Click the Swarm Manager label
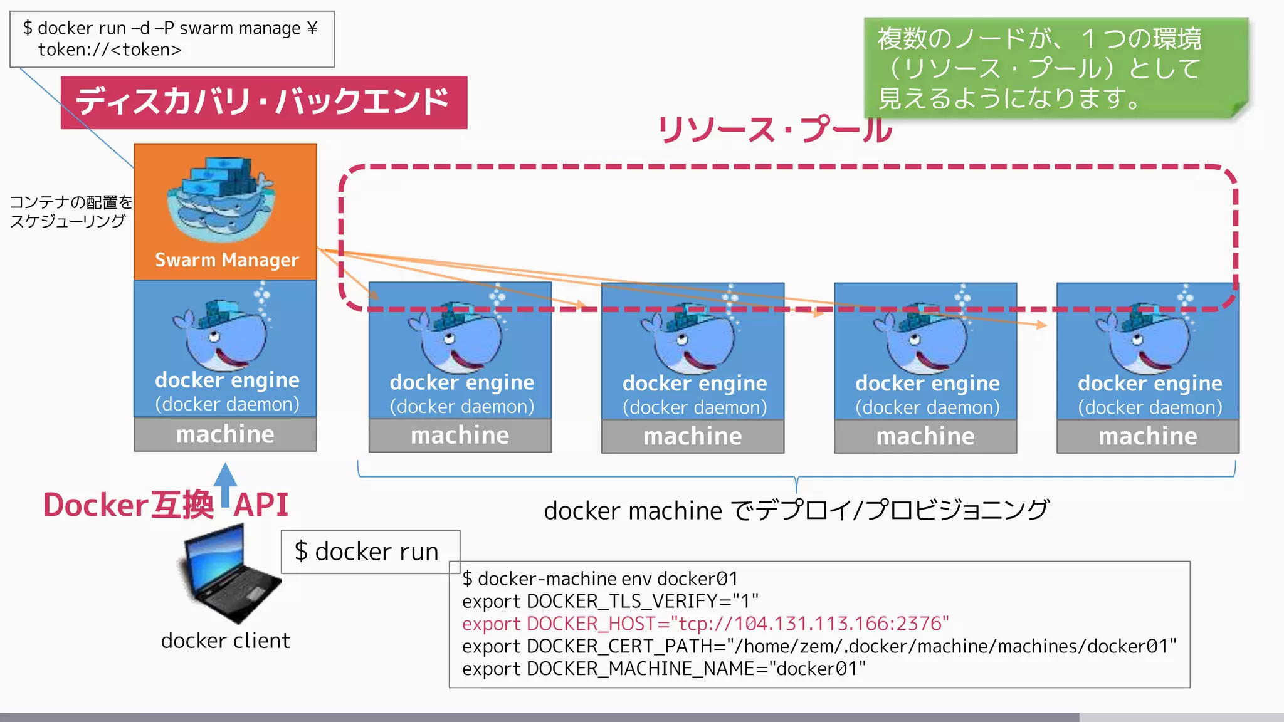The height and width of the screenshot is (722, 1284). (226, 259)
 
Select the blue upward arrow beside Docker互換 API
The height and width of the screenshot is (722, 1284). (225, 486)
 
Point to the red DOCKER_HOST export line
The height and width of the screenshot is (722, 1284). (705, 624)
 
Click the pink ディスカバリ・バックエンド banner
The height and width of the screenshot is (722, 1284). (263, 102)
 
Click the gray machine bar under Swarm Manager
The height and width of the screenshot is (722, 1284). (225, 434)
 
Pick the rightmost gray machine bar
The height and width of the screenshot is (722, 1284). (1147, 436)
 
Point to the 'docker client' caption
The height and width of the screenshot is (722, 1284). (225, 641)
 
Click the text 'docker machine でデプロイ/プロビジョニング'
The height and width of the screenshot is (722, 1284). (796, 511)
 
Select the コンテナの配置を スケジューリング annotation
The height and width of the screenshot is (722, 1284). (70, 211)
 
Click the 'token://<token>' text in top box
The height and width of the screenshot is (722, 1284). (110, 50)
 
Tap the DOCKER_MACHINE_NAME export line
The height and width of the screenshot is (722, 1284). (663, 669)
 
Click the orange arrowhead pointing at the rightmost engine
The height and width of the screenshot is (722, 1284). (1041, 325)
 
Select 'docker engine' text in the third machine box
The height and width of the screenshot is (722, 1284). (694, 383)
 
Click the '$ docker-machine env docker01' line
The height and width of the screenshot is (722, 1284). (599, 578)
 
